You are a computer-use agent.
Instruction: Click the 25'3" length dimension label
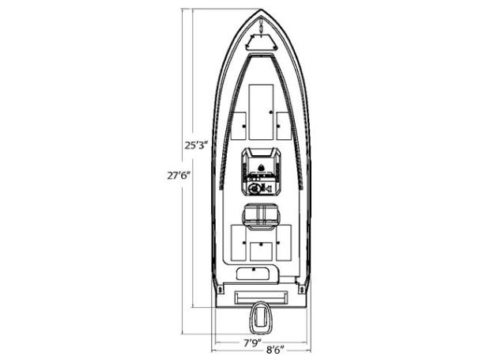pos(194,146)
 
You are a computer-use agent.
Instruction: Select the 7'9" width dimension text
pos(251,343)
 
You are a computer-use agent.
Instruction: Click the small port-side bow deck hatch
pos(238,125)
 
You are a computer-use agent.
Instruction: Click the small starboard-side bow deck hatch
pos(284,125)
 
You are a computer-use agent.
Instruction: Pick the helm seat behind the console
pos(261,214)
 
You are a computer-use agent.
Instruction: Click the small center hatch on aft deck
pos(261,252)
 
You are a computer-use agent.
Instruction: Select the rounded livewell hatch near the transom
pos(252,273)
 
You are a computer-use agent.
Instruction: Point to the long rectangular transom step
pos(261,297)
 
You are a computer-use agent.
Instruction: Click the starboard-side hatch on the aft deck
pos(284,244)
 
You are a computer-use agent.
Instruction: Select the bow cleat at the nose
pos(261,25)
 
